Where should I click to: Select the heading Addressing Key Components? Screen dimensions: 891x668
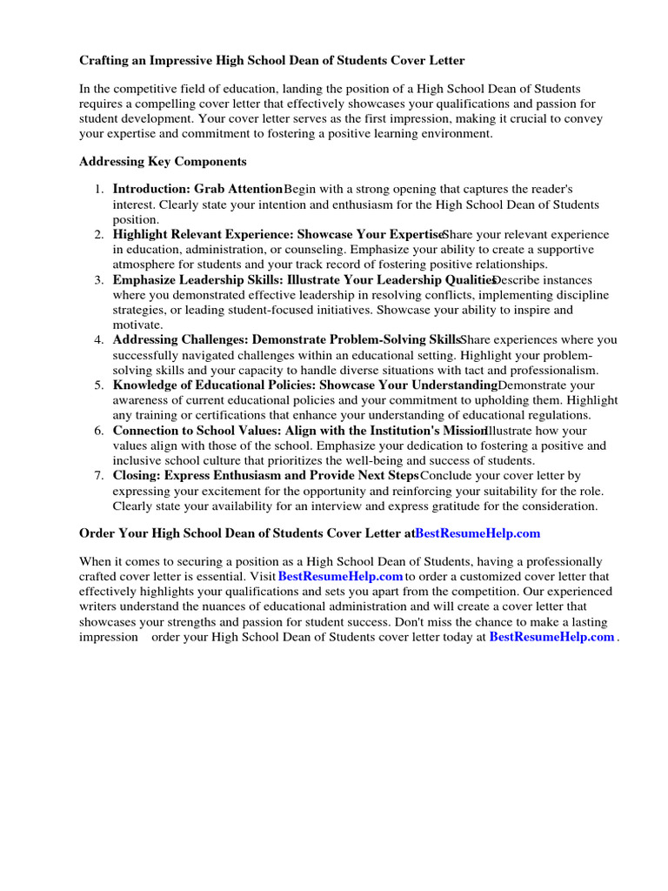click(163, 162)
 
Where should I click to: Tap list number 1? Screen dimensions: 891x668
click(99, 189)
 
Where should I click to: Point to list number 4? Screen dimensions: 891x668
click(99, 339)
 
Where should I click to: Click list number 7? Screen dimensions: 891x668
click(99, 476)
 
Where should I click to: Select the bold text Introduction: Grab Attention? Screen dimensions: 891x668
click(197, 189)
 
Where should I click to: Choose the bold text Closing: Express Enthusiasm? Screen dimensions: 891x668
click(197, 476)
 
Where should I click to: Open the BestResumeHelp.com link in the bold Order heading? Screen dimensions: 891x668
click(478, 533)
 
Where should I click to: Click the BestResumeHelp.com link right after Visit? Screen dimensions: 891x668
click(340, 576)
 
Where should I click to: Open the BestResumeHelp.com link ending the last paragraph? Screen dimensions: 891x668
click(551, 637)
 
